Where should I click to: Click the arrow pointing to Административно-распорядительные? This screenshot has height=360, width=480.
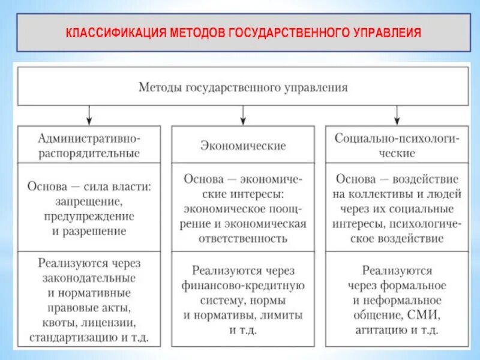click(x=89, y=114)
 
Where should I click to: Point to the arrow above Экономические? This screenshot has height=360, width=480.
click(x=243, y=114)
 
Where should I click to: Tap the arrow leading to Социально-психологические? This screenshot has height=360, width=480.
click(x=396, y=114)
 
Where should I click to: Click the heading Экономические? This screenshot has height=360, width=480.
click(x=243, y=146)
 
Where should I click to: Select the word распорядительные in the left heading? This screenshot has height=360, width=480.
click(x=89, y=152)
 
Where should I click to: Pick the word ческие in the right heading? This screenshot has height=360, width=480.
click(x=397, y=152)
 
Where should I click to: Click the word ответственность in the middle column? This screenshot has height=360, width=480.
click(x=243, y=238)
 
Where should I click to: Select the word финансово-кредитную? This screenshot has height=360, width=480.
click(x=243, y=284)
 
